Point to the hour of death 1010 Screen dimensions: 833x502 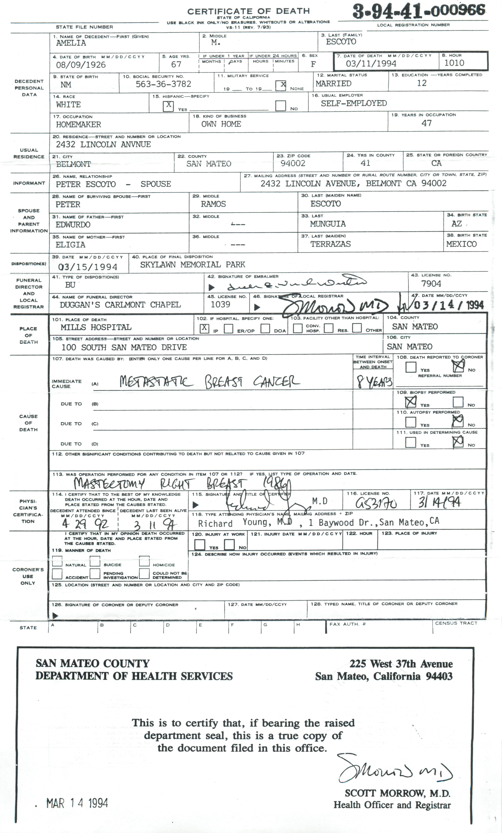coord(454,63)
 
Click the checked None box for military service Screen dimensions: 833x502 coord(281,85)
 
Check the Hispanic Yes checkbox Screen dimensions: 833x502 coord(168,105)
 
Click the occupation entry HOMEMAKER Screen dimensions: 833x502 coord(78,124)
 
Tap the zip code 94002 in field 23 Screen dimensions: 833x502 coord(293,163)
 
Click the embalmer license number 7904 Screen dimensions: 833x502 coord(431,284)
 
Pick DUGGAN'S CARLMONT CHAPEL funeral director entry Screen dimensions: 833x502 coord(120,305)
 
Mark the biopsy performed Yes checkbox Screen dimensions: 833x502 coord(411,402)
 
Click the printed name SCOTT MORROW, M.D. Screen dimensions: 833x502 coord(397,793)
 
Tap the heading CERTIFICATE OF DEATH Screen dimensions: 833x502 coord(248,11)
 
